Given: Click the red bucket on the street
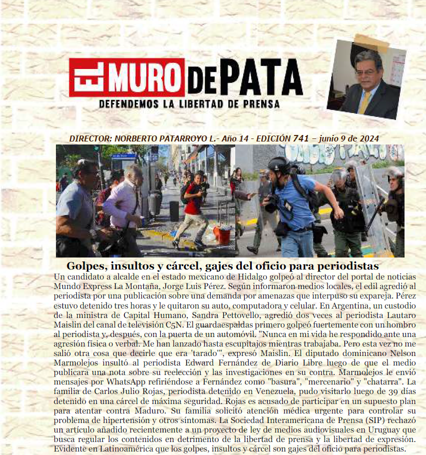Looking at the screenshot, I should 223,234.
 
